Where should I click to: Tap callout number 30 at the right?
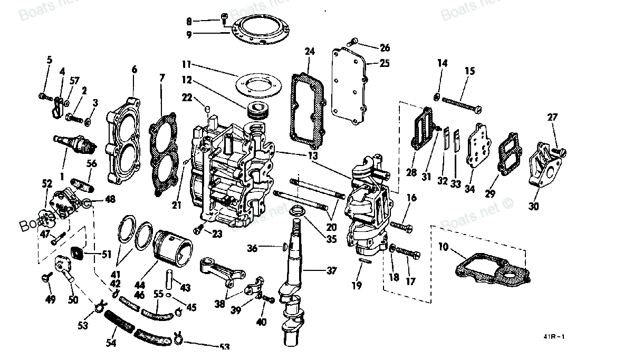click(x=534, y=206)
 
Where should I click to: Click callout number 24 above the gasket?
click(x=310, y=52)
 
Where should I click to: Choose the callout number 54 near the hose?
click(x=111, y=344)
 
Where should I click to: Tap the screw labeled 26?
click(x=354, y=41)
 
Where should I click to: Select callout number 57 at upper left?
click(x=74, y=81)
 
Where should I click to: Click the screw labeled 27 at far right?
click(x=560, y=152)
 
